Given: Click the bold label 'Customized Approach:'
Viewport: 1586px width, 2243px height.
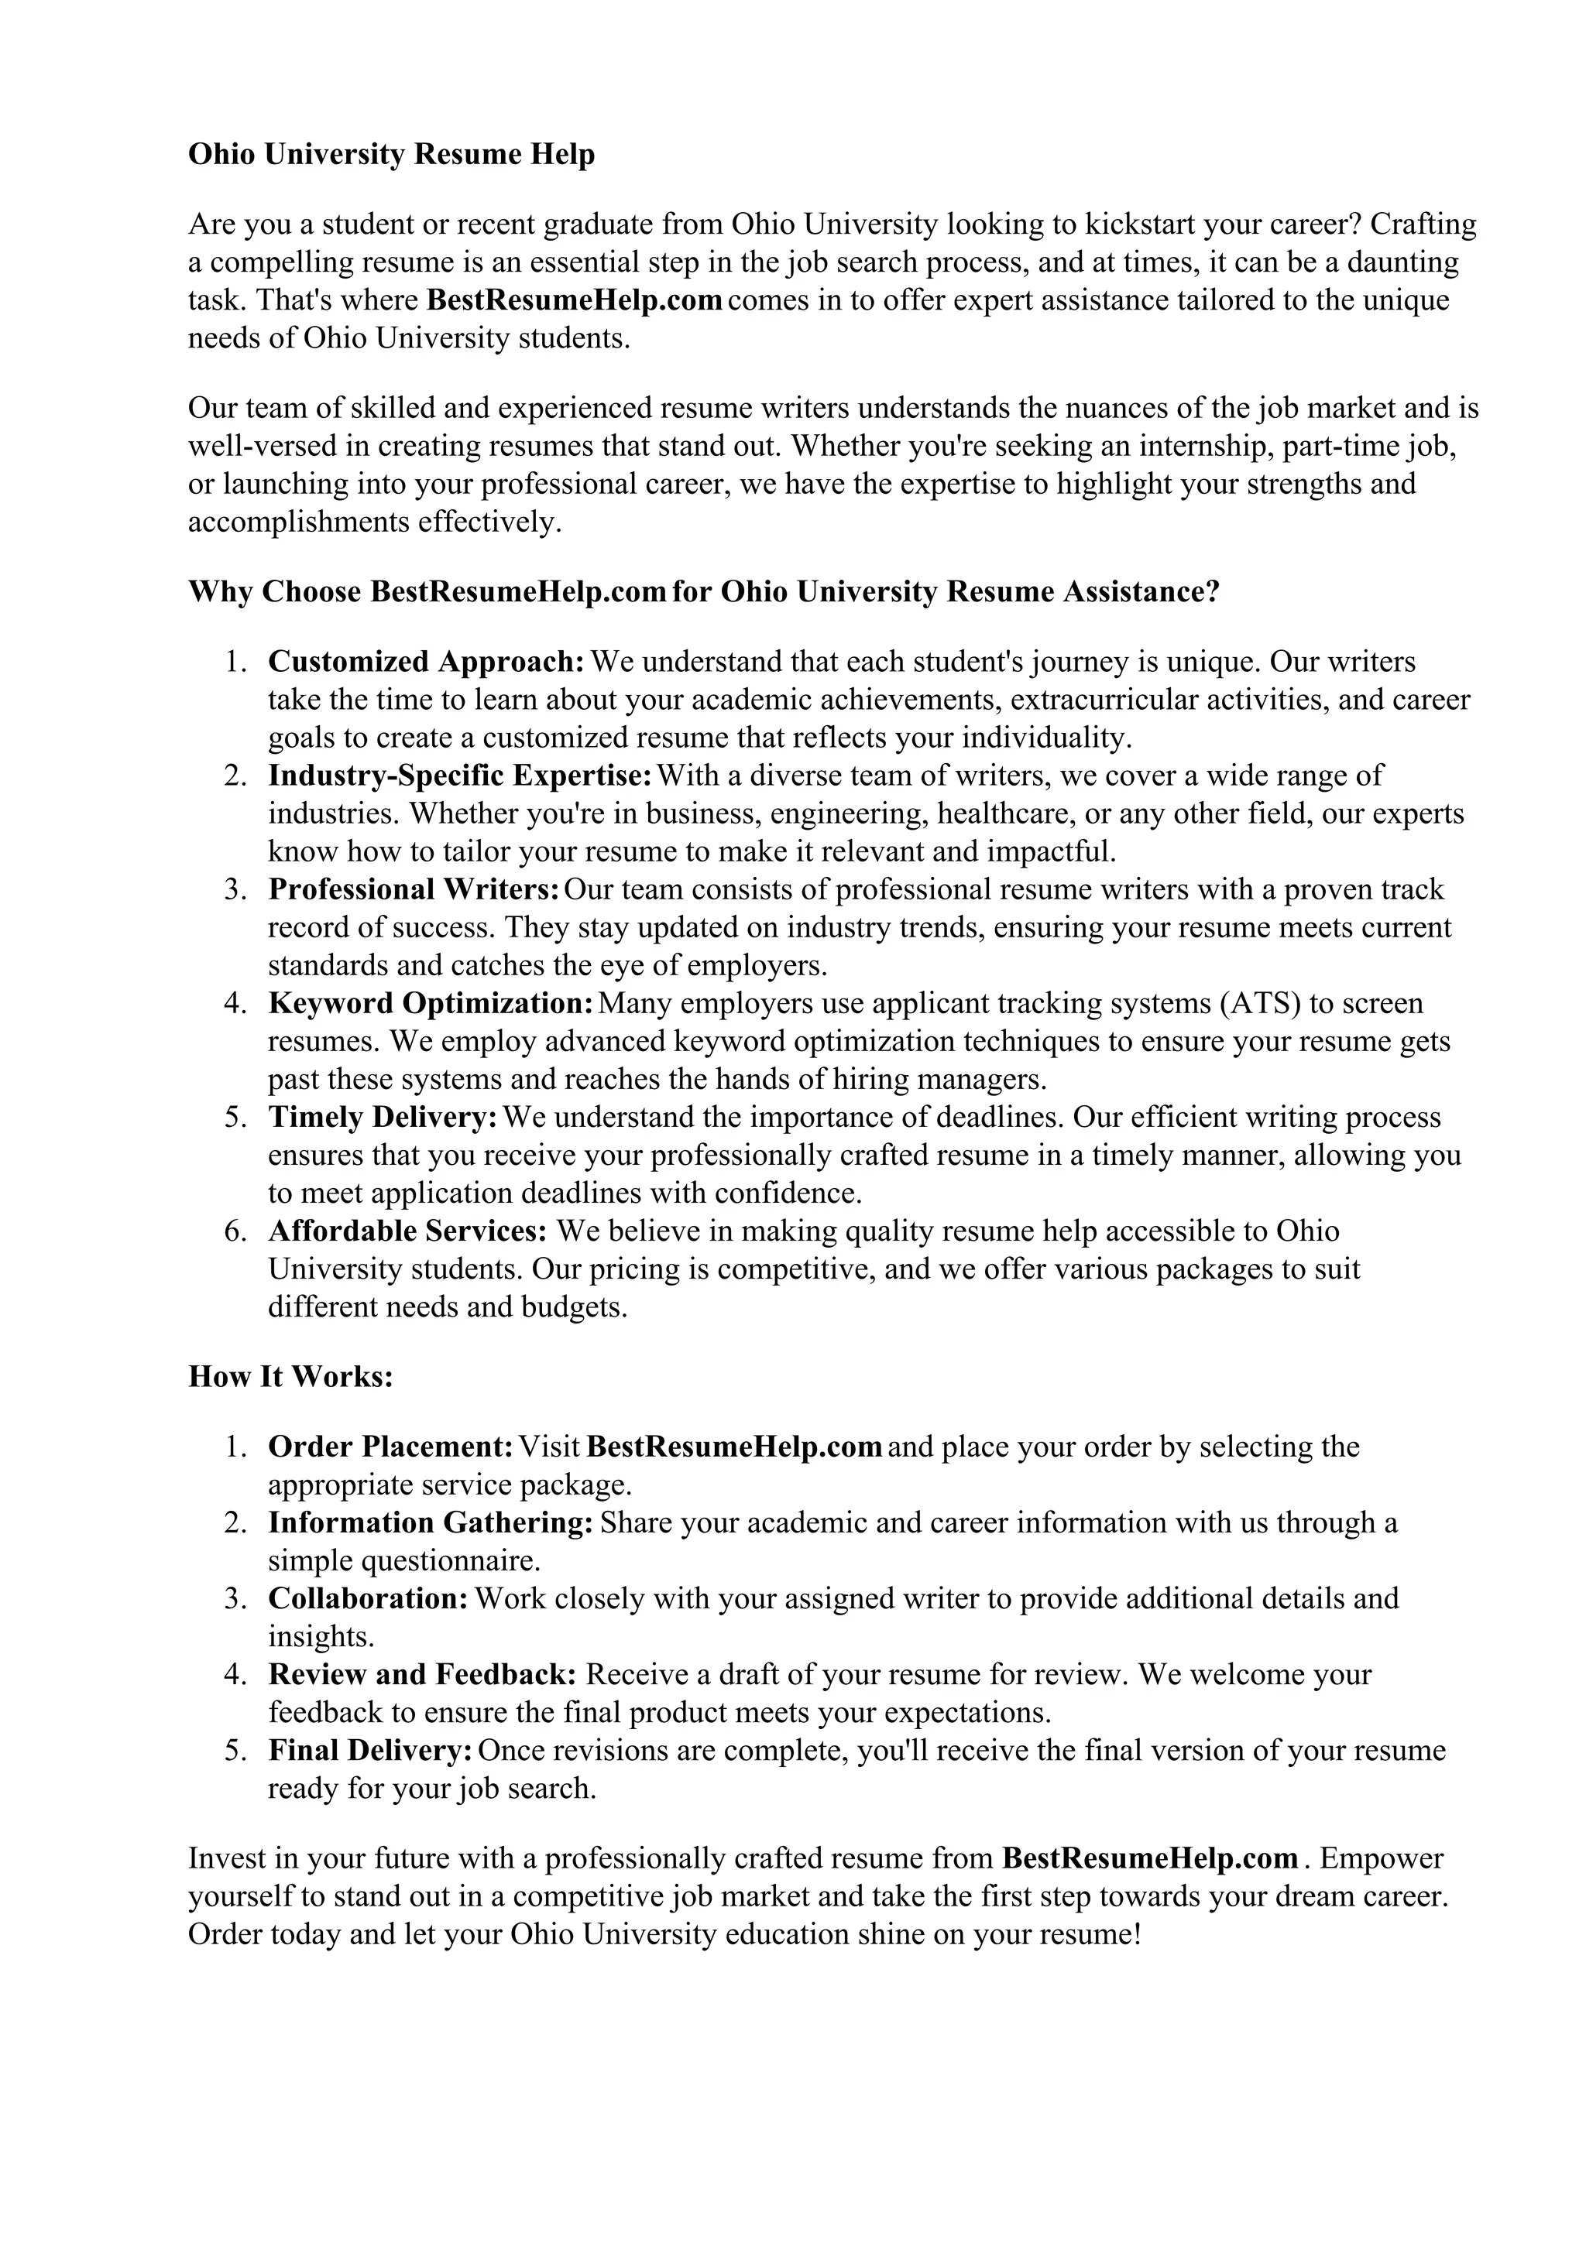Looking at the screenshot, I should pos(426,663).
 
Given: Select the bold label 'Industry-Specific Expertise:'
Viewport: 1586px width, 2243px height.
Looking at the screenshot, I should pos(459,776).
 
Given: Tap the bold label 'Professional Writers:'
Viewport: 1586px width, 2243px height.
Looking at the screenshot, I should pos(414,890).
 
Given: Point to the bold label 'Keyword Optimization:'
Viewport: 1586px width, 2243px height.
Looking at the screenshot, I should pos(430,1003).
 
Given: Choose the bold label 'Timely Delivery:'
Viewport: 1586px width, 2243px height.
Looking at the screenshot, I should pos(383,1118).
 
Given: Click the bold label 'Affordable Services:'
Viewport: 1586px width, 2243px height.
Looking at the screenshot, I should pos(407,1231).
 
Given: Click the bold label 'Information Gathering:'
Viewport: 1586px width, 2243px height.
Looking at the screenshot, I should pos(430,1523).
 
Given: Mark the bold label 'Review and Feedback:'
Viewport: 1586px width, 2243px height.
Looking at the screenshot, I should pos(422,1674).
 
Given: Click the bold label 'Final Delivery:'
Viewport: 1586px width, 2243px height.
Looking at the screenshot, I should pos(370,1751).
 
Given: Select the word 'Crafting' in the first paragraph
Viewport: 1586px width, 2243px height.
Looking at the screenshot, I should pos(1423,224).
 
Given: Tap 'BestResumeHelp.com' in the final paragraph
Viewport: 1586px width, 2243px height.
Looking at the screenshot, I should pos(1150,1858).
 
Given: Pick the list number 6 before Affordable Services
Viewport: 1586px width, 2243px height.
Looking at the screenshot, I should pos(235,1231).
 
